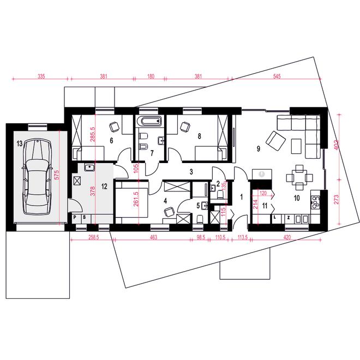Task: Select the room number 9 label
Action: (x=259, y=149)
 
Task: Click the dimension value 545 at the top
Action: (x=277, y=76)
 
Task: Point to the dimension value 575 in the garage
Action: (x=57, y=175)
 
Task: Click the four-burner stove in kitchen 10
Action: (x=315, y=202)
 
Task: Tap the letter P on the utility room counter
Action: (x=75, y=217)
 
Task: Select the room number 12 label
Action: (x=104, y=187)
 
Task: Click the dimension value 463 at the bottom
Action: (x=153, y=237)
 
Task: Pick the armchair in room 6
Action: (x=115, y=127)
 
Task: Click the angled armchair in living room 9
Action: (x=275, y=140)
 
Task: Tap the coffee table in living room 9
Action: (x=296, y=146)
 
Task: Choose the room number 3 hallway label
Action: (x=191, y=171)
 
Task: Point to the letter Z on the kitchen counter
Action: (x=289, y=217)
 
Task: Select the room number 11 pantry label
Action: (x=265, y=206)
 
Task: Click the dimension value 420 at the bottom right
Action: (x=287, y=237)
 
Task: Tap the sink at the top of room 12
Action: (x=89, y=167)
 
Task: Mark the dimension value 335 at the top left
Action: (x=41, y=76)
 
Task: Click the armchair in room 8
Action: (x=185, y=127)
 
